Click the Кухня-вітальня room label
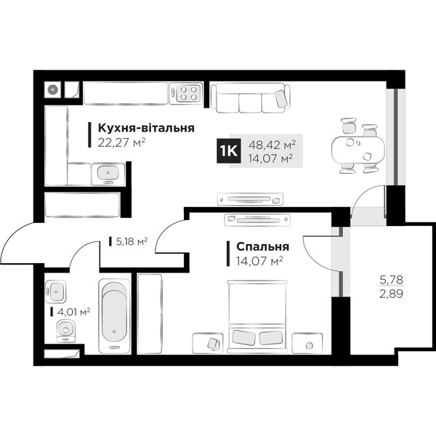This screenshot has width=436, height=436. tap(146, 128)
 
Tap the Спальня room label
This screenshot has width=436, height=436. tap(262, 246)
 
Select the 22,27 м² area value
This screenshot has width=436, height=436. tap(121, 143)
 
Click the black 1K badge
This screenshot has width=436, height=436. tap(228, 151)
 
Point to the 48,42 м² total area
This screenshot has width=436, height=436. tap(272, 145)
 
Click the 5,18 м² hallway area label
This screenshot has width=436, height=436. tap(132, 242)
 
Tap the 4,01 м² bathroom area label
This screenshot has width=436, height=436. tap(73, 312)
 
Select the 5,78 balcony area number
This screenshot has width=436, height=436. tap(391, 280)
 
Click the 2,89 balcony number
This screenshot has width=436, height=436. tap(391, 294)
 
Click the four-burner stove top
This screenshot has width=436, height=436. tap(185, 93)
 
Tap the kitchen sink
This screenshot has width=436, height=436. tap(108, 174)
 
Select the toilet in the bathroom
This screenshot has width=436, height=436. tap(65, 331)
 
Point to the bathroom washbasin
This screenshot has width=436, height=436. tap(56, 291)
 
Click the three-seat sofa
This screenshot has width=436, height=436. tap(251, 98)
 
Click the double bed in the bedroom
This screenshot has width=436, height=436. tap(257, 317)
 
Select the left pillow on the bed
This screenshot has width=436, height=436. tap(243, 338)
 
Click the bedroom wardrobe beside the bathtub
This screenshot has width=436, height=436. tap(150, 314)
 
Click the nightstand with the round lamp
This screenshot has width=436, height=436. tap(307, 344)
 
